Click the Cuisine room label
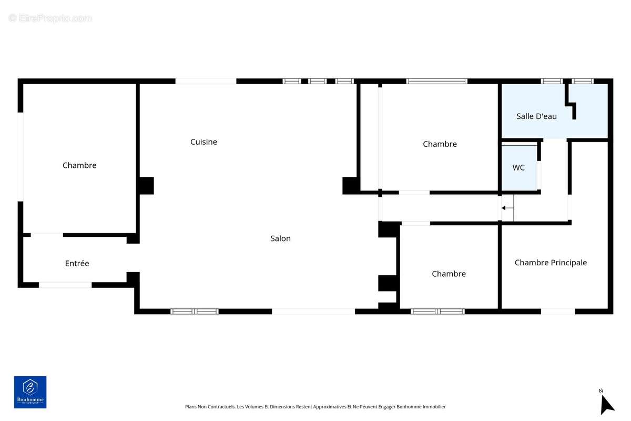tap(203, 142)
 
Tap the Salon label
tap(280, 238)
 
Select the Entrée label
tap(77, 263)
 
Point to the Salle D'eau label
tap(536, 116)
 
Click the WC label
tap(518, 167)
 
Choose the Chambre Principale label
tap(551, 263)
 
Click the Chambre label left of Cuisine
tap(79, 165)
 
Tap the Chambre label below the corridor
tap(449, 274)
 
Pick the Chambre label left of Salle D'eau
tap(440, 144)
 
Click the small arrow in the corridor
tap(507, 208)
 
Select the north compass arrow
tap(606, 405)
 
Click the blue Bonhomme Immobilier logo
tap(30, 392)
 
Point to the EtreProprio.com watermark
tap(50, 18)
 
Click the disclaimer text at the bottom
tap(315, 407)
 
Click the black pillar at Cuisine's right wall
tap(351, 186)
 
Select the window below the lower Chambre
tap(437, 312)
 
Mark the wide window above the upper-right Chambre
tap(436, 81)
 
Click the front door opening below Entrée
tap(65, 285)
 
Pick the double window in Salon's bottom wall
tap(195, 312)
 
